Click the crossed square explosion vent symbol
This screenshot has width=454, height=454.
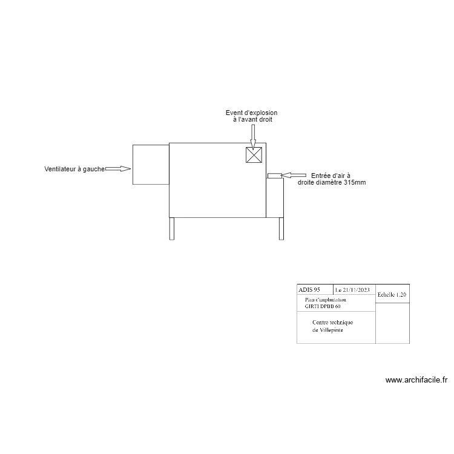click(x=254, y=155)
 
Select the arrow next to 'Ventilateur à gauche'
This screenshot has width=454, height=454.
click(x=118, y=169)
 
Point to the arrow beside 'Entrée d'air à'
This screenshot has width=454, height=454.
click(x=295, y=175)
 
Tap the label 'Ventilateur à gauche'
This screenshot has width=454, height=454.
click(x=74, y=169)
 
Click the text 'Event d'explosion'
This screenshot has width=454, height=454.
click(x=252, y=113)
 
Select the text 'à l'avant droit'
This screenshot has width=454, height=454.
click(x=252, y=120)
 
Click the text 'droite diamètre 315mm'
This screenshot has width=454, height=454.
click(x=332, y=182)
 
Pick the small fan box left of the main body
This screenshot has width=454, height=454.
click(x=150, y=164)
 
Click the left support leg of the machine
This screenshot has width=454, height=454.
click(x=172, y=228)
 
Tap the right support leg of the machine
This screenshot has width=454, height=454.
click(x=281, y=228)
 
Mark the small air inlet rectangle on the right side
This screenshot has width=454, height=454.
click(x=275, y=176)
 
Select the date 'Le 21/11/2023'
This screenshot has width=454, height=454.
click(x=354, y=291)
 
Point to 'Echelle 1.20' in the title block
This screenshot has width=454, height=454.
click(x=392, y=294)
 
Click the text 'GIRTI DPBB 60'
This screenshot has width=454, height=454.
click(x=323, y=307)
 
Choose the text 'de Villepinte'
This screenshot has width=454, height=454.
click(x=327, y=331)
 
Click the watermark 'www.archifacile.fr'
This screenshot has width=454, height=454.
click(x=416, y=380)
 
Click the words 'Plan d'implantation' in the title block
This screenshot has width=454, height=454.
click(x=326, y=300)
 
